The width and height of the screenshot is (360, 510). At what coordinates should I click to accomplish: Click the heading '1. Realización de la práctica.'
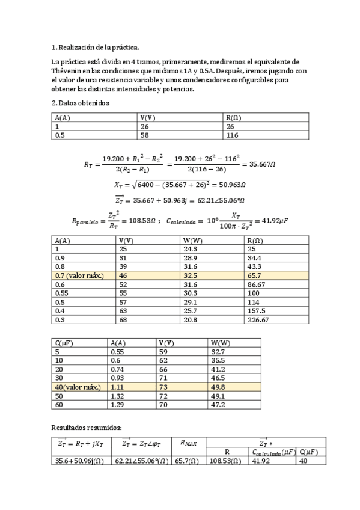coord(96,47)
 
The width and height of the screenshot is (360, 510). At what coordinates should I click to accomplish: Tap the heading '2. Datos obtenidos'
coord(81,103)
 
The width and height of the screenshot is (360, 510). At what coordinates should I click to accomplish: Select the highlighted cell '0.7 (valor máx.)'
coord(79,274)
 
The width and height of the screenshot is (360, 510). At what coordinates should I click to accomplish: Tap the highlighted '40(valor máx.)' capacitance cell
coord(78,387)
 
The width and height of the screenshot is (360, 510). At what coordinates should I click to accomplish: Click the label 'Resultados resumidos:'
coord(87,428)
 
